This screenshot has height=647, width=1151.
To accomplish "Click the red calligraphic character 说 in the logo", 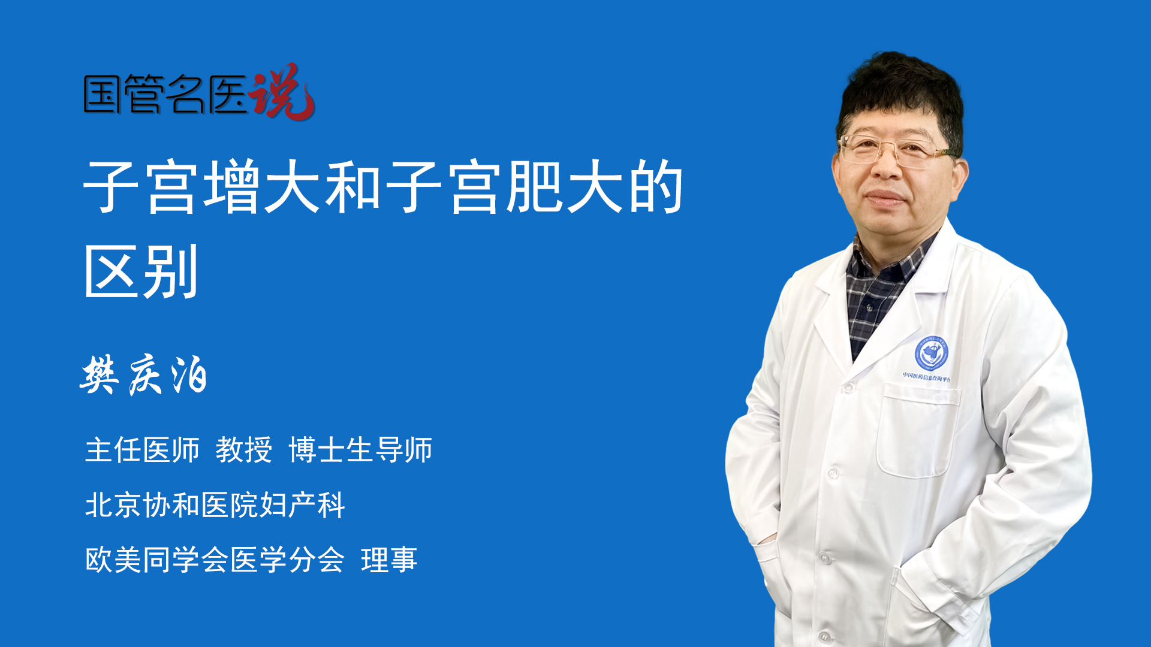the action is pyautogui.click(x=282, y=91).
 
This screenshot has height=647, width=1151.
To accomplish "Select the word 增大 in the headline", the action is pyautogui.click(x=262, y=186).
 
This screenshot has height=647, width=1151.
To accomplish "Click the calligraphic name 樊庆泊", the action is pyautogui.click(x=144, y=375).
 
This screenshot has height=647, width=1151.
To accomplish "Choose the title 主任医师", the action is pyautogui.click(x=142, y=450).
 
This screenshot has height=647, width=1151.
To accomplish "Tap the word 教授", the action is pyautogui.click(x=244, y=450).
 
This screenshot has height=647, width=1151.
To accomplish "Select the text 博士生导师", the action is pyautogui.click(x=360, y=450).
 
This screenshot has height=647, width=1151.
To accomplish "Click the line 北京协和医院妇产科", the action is pyautogui.click(x=215, y=505).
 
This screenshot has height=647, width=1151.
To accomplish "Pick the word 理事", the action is pyautogui.click(x=389, y=560).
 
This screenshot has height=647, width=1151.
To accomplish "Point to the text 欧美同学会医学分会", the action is pyautogui.click(x=215, y=560).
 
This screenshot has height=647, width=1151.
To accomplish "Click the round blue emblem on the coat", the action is pyautogui.click(x=932, y=353).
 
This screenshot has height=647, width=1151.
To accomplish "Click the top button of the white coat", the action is pyautogui.click(x=847, y=388).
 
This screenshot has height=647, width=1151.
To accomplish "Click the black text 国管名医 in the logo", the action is pyautogui.click(x=165, y=94).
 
